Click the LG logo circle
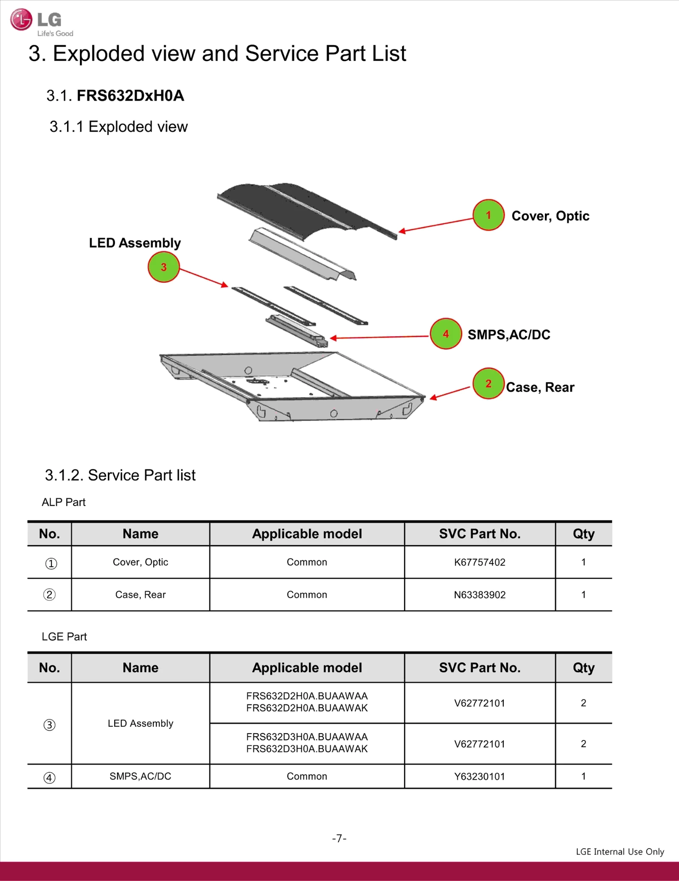tap(21, 20)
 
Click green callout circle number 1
tap(488, 215)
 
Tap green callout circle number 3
tap(164, 267)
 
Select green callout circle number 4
tap(446, 334)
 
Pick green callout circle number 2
tap(488, 384)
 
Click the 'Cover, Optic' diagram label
tap(550, 216)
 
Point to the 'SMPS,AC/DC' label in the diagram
tap(509, 335)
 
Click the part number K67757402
tap(480, 562)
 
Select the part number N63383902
tap(480, 595)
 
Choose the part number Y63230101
tap(480, 777)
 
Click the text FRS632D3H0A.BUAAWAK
tap(307, 749)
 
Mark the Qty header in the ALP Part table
tap(584, 534)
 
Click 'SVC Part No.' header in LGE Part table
tap(480, 668)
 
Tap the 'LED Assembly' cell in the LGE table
tap(140, 723)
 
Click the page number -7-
tap(339, 839)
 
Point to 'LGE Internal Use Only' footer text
tap(620, 852)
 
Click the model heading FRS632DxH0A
tap(130, 96)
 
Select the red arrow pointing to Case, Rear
tap(450, 393)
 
